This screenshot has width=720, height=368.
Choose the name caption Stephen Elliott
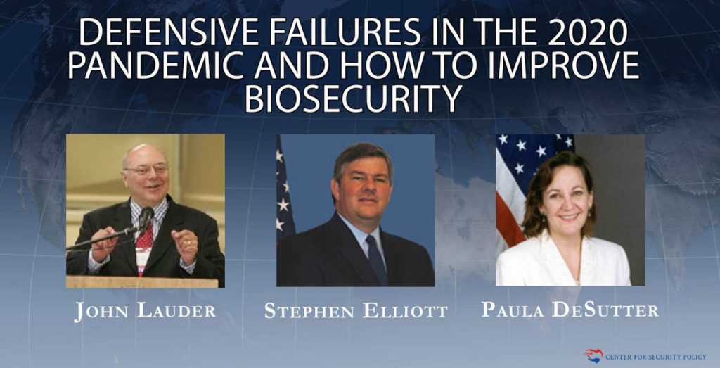click(x=356, y=310)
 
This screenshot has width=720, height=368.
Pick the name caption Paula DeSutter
click(x=570, y=310)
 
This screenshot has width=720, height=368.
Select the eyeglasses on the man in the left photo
click(x=146, y=170)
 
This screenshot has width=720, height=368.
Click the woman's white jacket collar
click(x=565, y=255)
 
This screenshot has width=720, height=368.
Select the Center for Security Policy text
click(x=656, y=357)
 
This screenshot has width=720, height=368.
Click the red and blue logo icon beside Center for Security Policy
click(x=593, y=355)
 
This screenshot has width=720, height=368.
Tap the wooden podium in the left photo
click(x=142, y=281)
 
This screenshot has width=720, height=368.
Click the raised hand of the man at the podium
click(x=186, y=245)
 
